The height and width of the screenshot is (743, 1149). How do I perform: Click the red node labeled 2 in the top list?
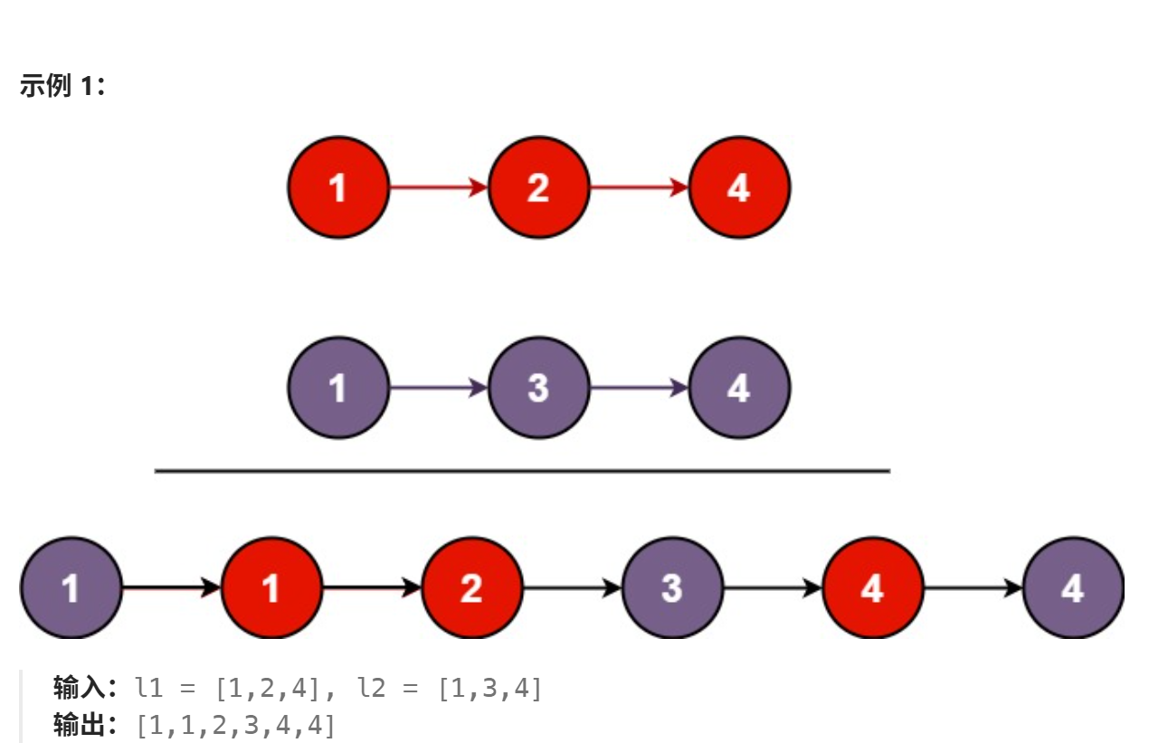click(538, 187)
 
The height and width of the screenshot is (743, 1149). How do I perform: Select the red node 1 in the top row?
click(338, 187)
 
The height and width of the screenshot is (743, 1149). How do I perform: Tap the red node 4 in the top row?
click(739, 187)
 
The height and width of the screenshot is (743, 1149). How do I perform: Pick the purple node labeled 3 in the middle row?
click(538, 387)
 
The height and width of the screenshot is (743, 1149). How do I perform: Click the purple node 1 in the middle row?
click(338, 387)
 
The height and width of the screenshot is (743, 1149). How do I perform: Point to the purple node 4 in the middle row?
click(739, 387)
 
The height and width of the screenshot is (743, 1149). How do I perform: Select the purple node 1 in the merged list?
click(71, 588)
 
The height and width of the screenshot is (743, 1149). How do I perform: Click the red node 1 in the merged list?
click(271, 588)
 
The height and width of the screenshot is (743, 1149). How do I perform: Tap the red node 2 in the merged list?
click(471, 588)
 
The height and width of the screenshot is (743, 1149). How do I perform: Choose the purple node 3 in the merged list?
click(672, 588)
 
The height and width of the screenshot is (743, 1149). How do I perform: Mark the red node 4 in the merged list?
click(872, 588)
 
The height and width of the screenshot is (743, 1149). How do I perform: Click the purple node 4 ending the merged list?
click(1073, 588)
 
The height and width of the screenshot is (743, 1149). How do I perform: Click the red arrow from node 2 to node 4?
click(639, 187)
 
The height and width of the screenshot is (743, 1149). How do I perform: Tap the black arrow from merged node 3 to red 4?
click(773, 588)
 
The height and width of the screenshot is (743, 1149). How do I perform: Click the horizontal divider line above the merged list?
click(522, 471)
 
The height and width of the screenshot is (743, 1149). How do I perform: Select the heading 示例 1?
click(62, 87)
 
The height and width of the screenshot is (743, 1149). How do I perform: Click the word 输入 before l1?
click(79, 690)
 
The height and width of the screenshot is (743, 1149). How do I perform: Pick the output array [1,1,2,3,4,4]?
click(235, 725)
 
